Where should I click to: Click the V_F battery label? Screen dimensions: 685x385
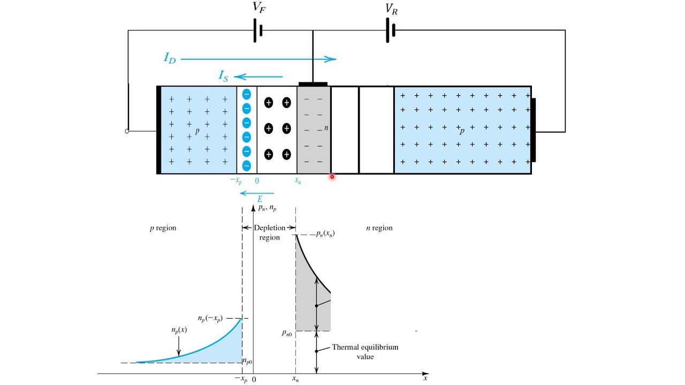pos(258,7)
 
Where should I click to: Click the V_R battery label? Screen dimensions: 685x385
pos(391,9)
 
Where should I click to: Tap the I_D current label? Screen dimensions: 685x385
pos(170,58)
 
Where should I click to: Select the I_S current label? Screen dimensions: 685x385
pos(224,76)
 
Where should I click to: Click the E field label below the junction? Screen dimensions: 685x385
pos(260,199)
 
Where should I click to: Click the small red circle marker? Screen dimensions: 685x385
pos(332,176)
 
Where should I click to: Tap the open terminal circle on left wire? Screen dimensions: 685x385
pos(127,131)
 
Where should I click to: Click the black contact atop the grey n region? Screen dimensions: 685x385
pos(313,84)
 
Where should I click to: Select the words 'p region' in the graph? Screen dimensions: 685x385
pos(163,228)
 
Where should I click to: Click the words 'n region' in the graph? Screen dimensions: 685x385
pos(379,228)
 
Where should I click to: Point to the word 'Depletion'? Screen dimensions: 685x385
pos(269,228)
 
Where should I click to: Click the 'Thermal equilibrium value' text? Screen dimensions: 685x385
pos(365,352)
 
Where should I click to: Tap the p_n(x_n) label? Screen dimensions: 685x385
pos(325,234)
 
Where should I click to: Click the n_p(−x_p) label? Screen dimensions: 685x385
pos(210,318)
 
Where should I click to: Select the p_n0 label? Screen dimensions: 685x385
pos(287,333)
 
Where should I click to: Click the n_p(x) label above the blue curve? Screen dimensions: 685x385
pos(179,330)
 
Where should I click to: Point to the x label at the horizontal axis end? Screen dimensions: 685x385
pos(425,378)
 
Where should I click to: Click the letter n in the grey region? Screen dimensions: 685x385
pos(326,128)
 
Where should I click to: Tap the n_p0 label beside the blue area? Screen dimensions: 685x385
pos(247,361)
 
